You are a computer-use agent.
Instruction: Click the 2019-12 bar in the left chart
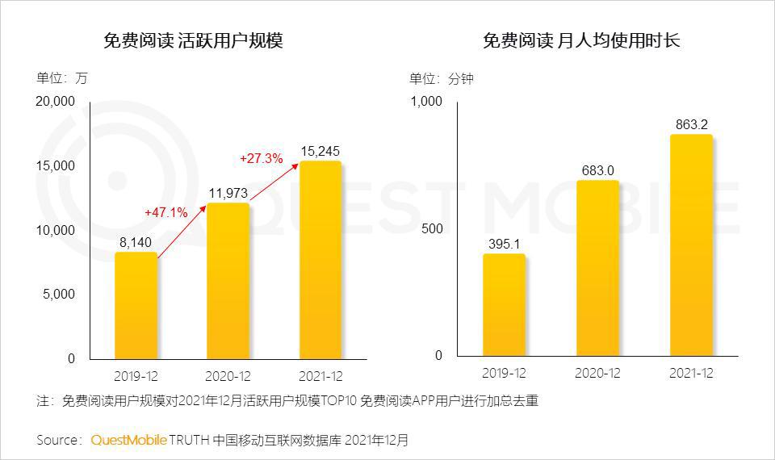click(136, 305)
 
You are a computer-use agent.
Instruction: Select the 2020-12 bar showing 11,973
click(228, 280)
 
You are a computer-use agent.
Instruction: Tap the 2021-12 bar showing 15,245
click(320, 259)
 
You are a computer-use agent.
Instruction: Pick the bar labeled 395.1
click(504, 305)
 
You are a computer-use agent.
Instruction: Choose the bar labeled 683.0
click(597, 268)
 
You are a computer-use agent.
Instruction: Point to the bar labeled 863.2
click(691, 245)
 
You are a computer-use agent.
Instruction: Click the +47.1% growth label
click(166, 212)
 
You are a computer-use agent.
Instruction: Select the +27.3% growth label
click(261, 159)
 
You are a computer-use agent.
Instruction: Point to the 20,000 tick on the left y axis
click(55, 102)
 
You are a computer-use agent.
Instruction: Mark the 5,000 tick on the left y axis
click(59, 295)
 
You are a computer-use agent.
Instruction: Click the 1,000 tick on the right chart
click(426, 102)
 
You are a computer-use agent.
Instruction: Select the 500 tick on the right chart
click(432, 229)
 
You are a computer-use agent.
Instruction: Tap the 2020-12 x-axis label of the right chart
click(597, 373)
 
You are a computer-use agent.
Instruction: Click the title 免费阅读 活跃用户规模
click(193, 40)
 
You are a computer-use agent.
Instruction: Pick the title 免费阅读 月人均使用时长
click(581, 40)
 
